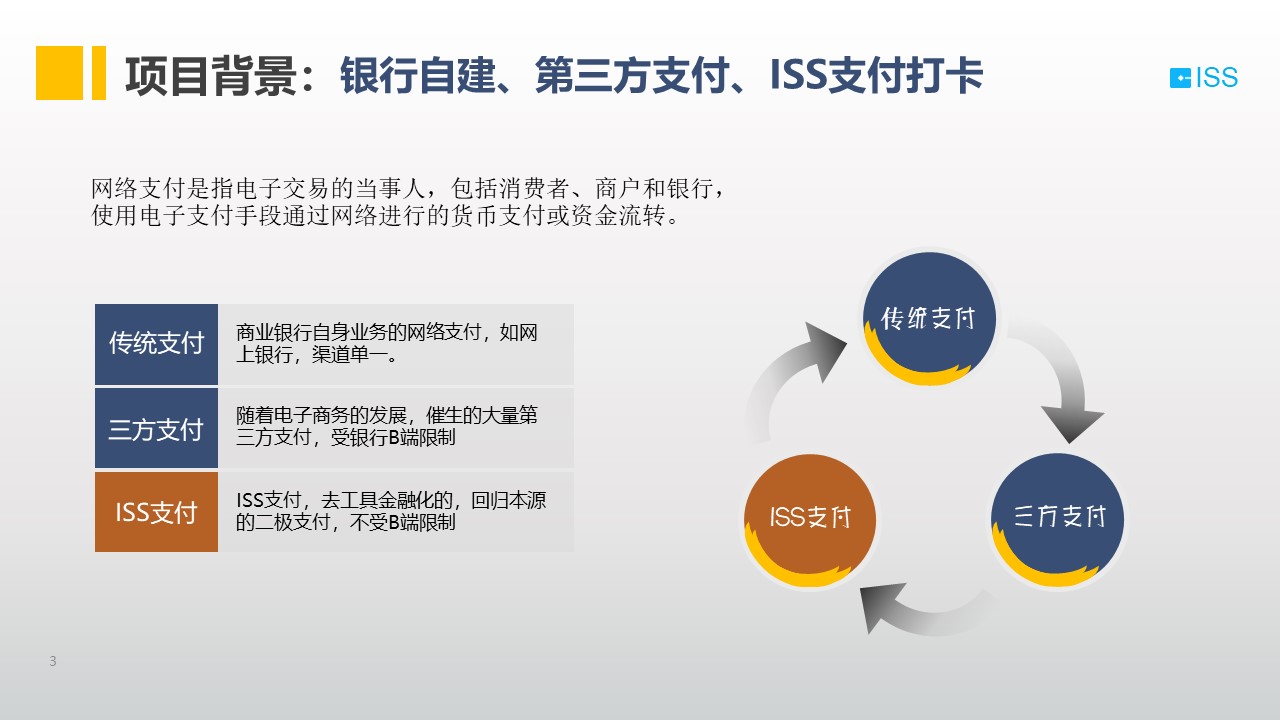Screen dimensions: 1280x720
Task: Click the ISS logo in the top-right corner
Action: pos(1203,78)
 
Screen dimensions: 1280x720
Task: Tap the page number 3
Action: pos(53,661)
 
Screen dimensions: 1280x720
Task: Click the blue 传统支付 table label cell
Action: pos(156,344)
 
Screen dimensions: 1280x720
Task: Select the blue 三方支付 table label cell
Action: pos(156,428)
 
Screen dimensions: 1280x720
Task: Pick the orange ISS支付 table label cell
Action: pos(156,512)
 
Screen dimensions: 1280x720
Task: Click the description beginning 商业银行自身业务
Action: pos(387,343)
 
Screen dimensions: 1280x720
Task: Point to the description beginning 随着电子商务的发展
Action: pos(387,426)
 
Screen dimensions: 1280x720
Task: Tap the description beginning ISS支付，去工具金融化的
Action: pos(391,511)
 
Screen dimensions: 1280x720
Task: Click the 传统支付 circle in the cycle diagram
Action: pos(929,318)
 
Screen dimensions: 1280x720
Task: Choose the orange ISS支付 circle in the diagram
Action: pos(810,520)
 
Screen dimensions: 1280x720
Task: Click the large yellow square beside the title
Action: pos(59,73)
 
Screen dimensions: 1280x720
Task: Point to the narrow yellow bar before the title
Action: pos(99,73)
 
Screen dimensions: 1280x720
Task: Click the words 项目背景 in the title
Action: pos(211,76)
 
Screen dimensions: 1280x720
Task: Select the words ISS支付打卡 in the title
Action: pos(876,75)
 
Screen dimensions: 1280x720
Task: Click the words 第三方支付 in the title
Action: pos(633,75)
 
